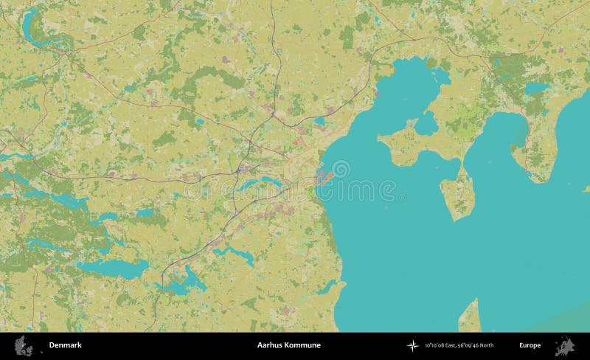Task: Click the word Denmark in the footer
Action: [x=66, y=345]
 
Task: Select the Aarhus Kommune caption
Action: [x=289, y=345]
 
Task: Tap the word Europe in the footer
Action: [x=530, y=345]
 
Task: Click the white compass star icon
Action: [x=412, y=345]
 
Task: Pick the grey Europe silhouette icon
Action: [x=566, y=345]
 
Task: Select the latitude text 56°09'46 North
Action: [x=476, y=345]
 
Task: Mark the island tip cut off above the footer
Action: [x=469, y=317]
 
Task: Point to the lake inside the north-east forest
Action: [x=536, y=88]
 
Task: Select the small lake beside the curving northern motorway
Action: [x=319, y=121]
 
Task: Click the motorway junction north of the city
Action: [x=273, y=114]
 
